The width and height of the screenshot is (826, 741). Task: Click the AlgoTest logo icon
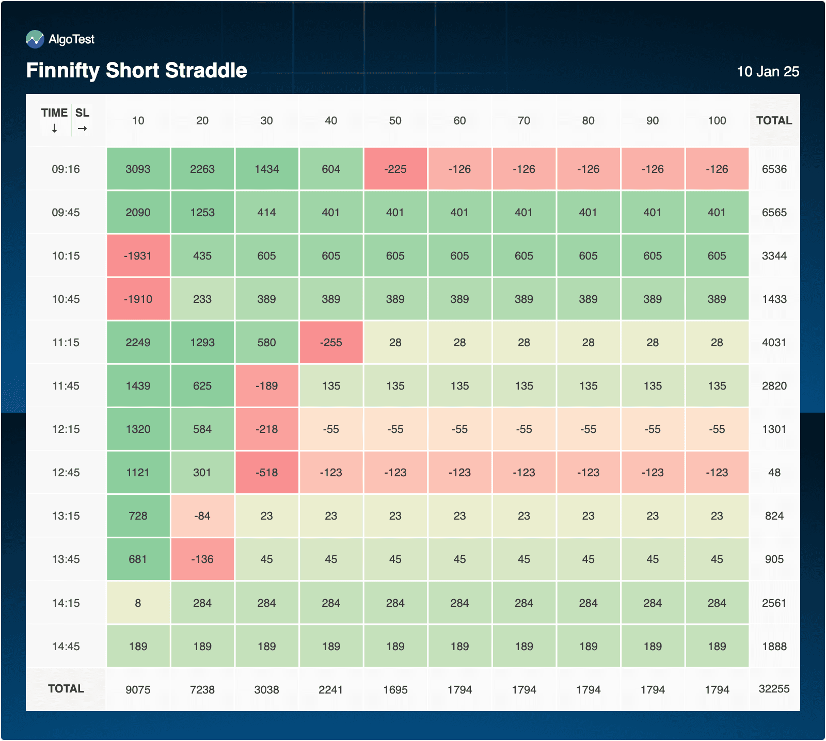click(35, 39)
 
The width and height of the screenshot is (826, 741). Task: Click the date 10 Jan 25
click(768, 72)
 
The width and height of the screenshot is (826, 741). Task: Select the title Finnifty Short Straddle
click(137, 71)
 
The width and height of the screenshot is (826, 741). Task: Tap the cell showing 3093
click(138, 169)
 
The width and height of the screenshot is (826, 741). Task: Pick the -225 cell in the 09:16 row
click(395, 169)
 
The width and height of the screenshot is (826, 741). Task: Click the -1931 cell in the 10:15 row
click(138, 256)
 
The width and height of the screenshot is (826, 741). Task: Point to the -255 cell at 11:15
click(331, 343)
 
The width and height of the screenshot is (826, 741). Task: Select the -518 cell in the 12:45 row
click(267, 473)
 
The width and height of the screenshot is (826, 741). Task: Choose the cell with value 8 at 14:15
click(138, 603)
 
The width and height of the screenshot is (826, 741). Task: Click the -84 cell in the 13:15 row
click(202, 516)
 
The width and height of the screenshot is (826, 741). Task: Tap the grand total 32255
click(774, 689)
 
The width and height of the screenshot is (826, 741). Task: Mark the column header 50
click(395, 121)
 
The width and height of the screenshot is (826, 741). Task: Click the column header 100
click(717, 121)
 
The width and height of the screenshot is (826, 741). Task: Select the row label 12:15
click(66, 429)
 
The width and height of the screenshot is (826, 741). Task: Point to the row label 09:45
click(66, 213)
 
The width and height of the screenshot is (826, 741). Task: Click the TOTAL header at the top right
click(774, 121)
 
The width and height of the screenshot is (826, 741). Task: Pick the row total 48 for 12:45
click(774, 473)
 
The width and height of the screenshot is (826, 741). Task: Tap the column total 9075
click(138, 690)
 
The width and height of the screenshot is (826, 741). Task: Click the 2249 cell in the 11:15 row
click(138, 343)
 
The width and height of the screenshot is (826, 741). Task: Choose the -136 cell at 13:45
click(202, 559)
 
